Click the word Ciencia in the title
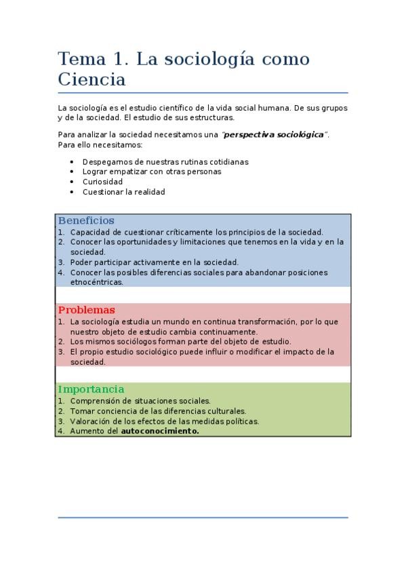click(x=92, y=79)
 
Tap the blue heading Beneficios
click(x=86, y=221)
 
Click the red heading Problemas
click(x=86, y=311)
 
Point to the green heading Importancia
click(x=91, y=390)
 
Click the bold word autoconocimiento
click(x=160, y=431)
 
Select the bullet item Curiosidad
click(x=102, y=182)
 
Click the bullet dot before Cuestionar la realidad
click(x=73, y=192)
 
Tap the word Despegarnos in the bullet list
click(x=105, y=162)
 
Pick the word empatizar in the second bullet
click(x=134, y=172)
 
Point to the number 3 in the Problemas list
click(x=60, y=352)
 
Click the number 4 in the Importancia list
click(x=60, y=431)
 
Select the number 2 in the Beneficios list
click(x=60, y=241)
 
